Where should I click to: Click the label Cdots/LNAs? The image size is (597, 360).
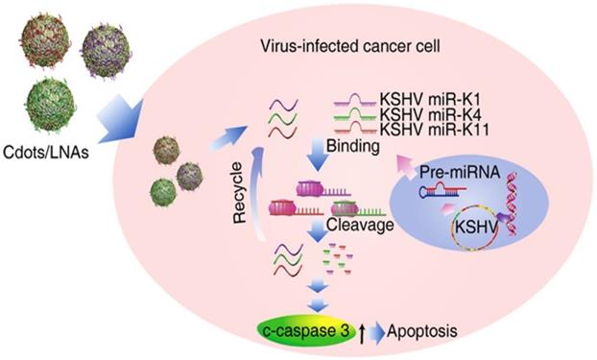pos(46,153)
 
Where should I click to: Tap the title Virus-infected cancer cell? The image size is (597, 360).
pos(350,46)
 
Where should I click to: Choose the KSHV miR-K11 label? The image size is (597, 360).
pos(435,130)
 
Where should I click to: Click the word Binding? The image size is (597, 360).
pos(353,146)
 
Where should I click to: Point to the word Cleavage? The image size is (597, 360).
pos(360,225)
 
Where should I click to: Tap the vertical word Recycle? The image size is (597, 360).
pos(240,192)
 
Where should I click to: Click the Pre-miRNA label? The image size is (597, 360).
pos(460,172)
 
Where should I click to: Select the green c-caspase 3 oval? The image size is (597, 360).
pos(307,330)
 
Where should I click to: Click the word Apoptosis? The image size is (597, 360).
pos(422,331)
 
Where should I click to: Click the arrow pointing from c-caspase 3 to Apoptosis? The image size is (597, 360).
pos(376,332)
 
